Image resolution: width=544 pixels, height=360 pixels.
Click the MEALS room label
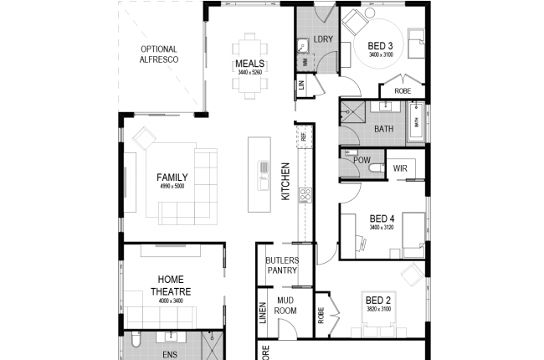coord(250,64)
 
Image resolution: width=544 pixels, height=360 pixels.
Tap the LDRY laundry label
coord(323,40)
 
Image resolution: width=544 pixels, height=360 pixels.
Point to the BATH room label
coord(383,129)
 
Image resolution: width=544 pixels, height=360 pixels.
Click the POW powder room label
coord(362,160)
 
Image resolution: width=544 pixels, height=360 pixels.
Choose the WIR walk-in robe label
coord(400,167)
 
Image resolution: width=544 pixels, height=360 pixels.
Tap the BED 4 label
coord(381,219)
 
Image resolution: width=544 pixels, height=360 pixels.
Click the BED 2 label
coord(377,300)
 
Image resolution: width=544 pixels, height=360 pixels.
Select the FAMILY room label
coord(172,177)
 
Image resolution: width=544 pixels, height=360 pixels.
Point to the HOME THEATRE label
coord(171,285)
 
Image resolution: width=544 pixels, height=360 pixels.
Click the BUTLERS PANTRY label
coord(282,265)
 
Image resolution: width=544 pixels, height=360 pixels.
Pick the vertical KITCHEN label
coord(285,181)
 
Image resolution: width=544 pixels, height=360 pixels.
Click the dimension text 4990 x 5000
coord(172,186)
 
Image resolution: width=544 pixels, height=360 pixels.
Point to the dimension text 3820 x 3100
coord(377,309)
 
